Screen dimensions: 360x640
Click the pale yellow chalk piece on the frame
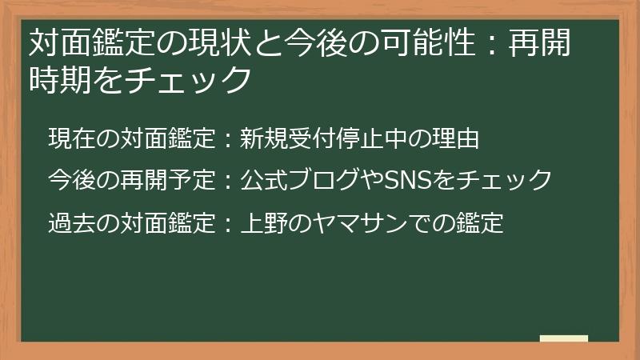[563, 338]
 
